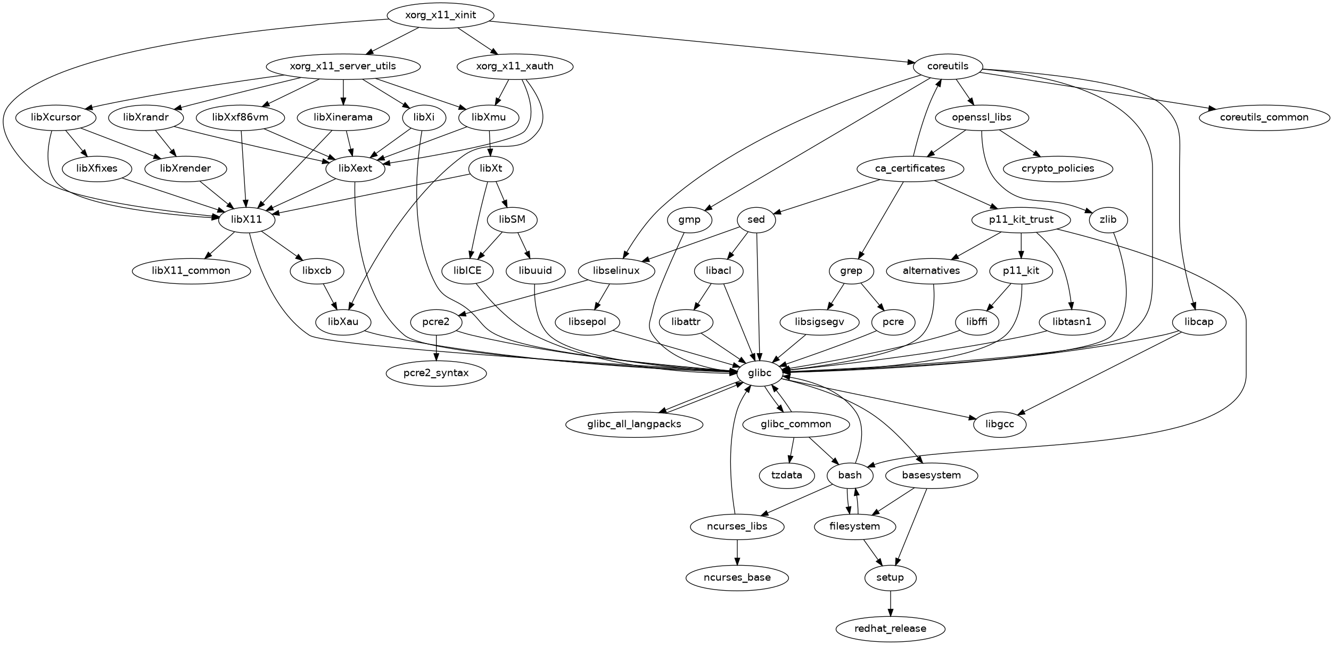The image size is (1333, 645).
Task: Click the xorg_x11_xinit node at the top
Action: click(440, 15)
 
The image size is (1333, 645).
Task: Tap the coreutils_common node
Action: click(1264, 117)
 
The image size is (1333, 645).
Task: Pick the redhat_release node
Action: click(890, 628)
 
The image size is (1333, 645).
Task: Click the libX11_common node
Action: click(191, 271)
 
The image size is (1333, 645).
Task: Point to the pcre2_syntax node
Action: click(436, 373)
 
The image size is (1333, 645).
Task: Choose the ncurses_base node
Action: click(737, 577)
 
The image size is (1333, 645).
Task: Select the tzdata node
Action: click(786, 475)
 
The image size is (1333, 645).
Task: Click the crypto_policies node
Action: click(1058, 168)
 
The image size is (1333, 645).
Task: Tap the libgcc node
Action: click(1000, 424)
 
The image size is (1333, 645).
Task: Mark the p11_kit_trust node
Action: click(1021, 219)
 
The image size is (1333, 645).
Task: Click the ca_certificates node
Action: click(910, 168)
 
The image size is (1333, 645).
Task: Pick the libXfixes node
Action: click(97, 168)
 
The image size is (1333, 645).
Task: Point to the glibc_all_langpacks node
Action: click(634, 424)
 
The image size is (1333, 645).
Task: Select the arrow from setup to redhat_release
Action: click(890, 603)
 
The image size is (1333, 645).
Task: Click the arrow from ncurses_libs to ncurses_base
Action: click(737, 552)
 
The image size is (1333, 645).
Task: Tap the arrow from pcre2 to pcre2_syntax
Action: click(437, 347)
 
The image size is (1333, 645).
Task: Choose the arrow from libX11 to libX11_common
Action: click(220, 246)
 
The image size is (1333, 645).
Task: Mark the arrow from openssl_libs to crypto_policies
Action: click(1019, 143)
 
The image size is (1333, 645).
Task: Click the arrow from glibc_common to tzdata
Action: click(791, 450)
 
